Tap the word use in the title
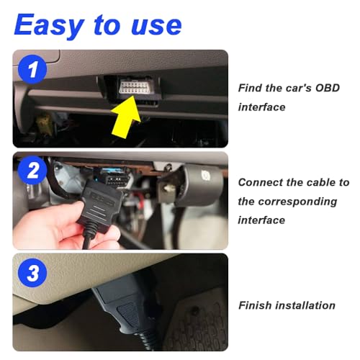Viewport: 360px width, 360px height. pyautogui.click(x=152, y=26)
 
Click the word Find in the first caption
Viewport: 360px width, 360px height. pyautogui.click(x=251, y=88)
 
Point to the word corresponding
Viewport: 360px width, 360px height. pyautogui.click(x=297, y=201)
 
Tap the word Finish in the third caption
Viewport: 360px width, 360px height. pyautogui.click(x=256, y=305)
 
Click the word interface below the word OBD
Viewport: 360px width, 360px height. pyautogui.click(x=261, y=107)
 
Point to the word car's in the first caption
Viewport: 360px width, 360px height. pyautogui.click(x=292, y=88)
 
